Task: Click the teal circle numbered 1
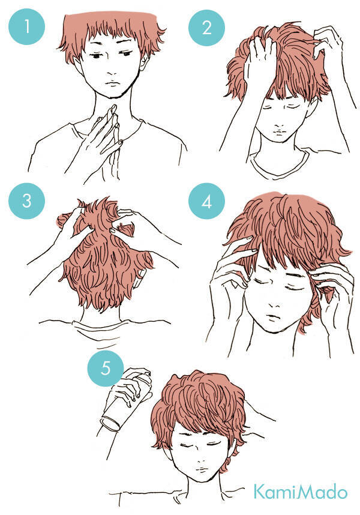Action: point(26,26)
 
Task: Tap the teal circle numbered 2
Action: point(206,28)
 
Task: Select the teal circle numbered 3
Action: point(26,200)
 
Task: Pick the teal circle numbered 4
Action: point(206,201)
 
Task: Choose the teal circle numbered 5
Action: point(106,369)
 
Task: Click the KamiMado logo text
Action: point(300,492)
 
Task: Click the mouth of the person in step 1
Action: point(112,83)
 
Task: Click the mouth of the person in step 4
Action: point(273,318)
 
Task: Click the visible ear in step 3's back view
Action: point(141,274)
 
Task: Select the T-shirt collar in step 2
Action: point(279,164)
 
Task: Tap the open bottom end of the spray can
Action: point(111,424)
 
